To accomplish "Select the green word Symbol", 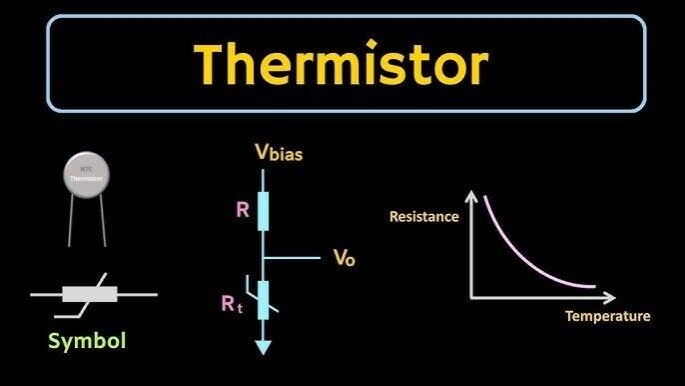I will coord(88,342).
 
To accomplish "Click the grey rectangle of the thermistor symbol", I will coord(91,294).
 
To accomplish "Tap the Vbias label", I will coord(279,154).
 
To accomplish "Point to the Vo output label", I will coord(343,258).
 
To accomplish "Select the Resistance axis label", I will coord(423,216).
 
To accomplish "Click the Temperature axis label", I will coord(607,316).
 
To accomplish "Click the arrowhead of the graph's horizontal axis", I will coord(615,296).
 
